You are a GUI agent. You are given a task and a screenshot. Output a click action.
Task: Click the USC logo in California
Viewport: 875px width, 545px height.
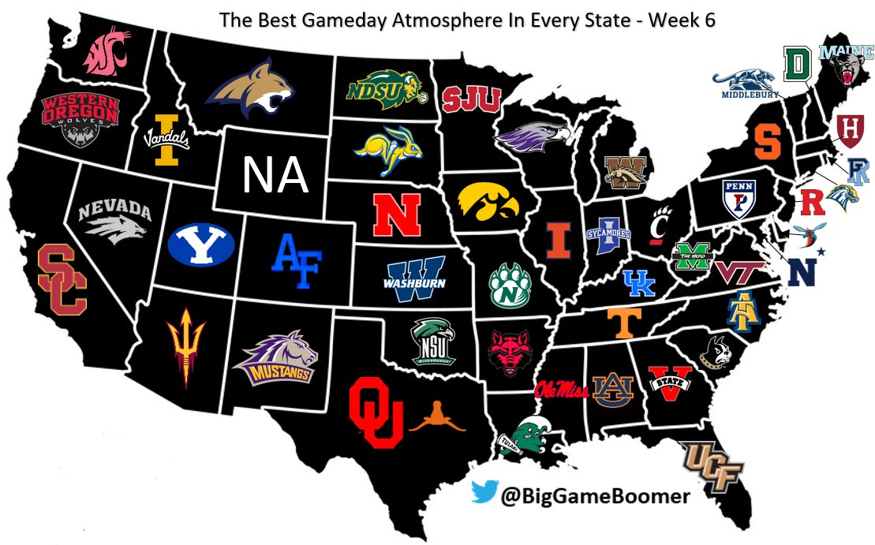click(62, 279)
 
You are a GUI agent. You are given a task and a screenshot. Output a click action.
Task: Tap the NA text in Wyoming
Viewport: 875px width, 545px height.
click(274, 175)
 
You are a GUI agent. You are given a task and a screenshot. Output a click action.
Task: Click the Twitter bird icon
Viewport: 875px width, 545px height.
click(484, 494)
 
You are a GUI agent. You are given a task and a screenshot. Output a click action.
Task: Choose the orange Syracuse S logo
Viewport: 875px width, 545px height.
click(766, 142)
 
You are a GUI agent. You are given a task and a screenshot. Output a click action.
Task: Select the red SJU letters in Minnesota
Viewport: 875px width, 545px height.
click(471, 99)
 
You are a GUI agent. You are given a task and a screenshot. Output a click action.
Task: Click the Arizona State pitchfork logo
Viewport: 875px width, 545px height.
click(185, 347)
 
